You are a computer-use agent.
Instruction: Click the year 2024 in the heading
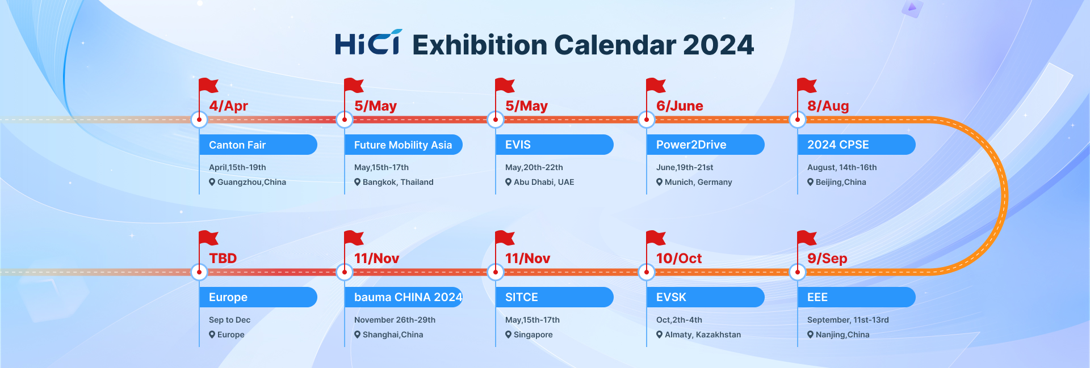(x=718, y=45)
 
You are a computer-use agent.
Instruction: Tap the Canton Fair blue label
(x=258, y=145)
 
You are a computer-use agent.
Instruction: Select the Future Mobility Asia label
(x=404, y=145)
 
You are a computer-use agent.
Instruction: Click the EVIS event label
(x=555, y=145)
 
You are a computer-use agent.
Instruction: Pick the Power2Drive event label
(x=706, y=145)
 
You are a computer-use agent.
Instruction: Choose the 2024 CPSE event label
(x=857, y=145)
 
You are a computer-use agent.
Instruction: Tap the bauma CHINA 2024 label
(x=404, y=297)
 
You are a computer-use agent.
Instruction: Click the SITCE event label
(x=555, y=297)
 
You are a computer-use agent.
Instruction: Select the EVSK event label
(x=706, y=297)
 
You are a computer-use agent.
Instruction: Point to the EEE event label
(x=857, y=297)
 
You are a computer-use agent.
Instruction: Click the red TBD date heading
(x=223, y=259)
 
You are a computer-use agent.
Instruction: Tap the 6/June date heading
(x=680, y=106)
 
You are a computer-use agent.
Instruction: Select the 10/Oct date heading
(x=679, y=259)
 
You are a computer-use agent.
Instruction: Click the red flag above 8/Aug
(x=807, y=86)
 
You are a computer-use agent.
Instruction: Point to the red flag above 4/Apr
(x=208, y=86)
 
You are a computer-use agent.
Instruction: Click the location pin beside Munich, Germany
(x=660, y=182)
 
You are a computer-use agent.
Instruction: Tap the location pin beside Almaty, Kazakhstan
(x=660, y=335)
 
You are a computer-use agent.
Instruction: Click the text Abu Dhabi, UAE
(x=544, y=182)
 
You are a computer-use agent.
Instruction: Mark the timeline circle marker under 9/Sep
(x=798, y=272)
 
